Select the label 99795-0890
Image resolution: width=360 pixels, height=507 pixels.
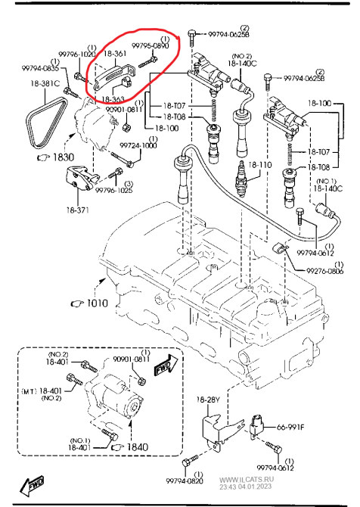(150, 46)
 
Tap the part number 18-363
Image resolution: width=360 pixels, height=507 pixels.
(113, 99)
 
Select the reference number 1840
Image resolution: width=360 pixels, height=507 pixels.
(136, 447)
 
